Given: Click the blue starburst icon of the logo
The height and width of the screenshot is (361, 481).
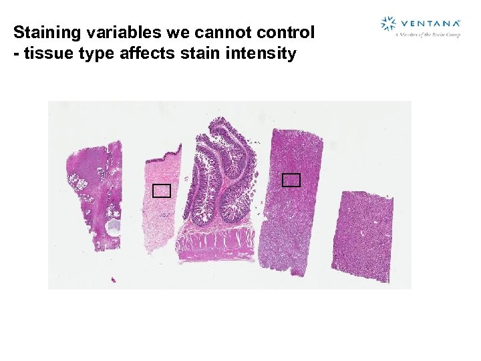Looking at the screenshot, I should pos(388,25).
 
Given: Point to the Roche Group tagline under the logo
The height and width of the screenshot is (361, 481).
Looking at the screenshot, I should pos(428,33).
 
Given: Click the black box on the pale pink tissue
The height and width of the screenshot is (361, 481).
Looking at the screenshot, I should pos(161,191).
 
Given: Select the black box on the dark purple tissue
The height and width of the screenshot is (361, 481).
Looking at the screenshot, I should pos(291,179).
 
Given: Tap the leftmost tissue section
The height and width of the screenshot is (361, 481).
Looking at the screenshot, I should pos(94,194).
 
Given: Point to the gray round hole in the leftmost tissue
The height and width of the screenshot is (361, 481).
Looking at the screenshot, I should pos(114,225).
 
